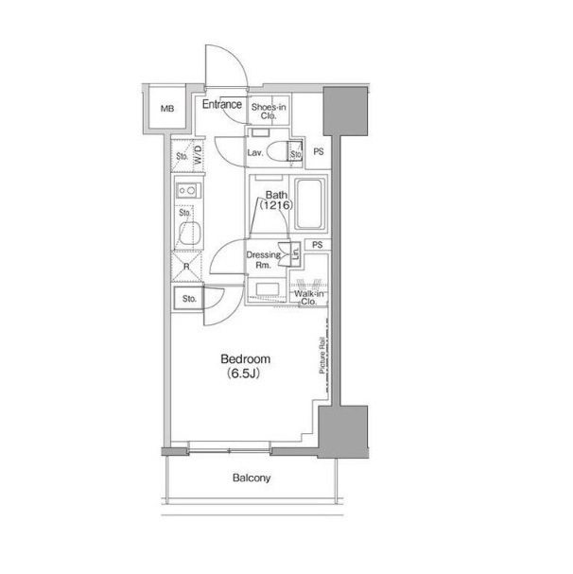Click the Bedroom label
click(x=245, y=358)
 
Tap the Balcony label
click(x=252, y=478)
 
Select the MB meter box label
click(x=167, y=109)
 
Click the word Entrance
click(x=222, y=104)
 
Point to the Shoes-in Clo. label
click(x=269, y=112)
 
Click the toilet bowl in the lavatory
click(x=278, y=151)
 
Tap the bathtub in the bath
click(x=309, y=204)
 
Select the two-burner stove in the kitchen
click(x=188, y=190)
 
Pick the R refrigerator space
click(x=186, y=267)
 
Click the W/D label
click(x=198, y=154)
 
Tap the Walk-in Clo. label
click(x=308, y=298)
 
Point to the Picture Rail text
click(x=322, y=356)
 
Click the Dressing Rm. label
click(x=264, y=259)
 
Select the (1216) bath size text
click(x=276, y=205)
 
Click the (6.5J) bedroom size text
click(x=243, y=374)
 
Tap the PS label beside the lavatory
click(x=319, y=151)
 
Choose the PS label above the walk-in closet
click(x=318, y=245)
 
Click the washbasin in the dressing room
click(x=268, y=289)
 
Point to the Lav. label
click(x=255, y=152)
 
